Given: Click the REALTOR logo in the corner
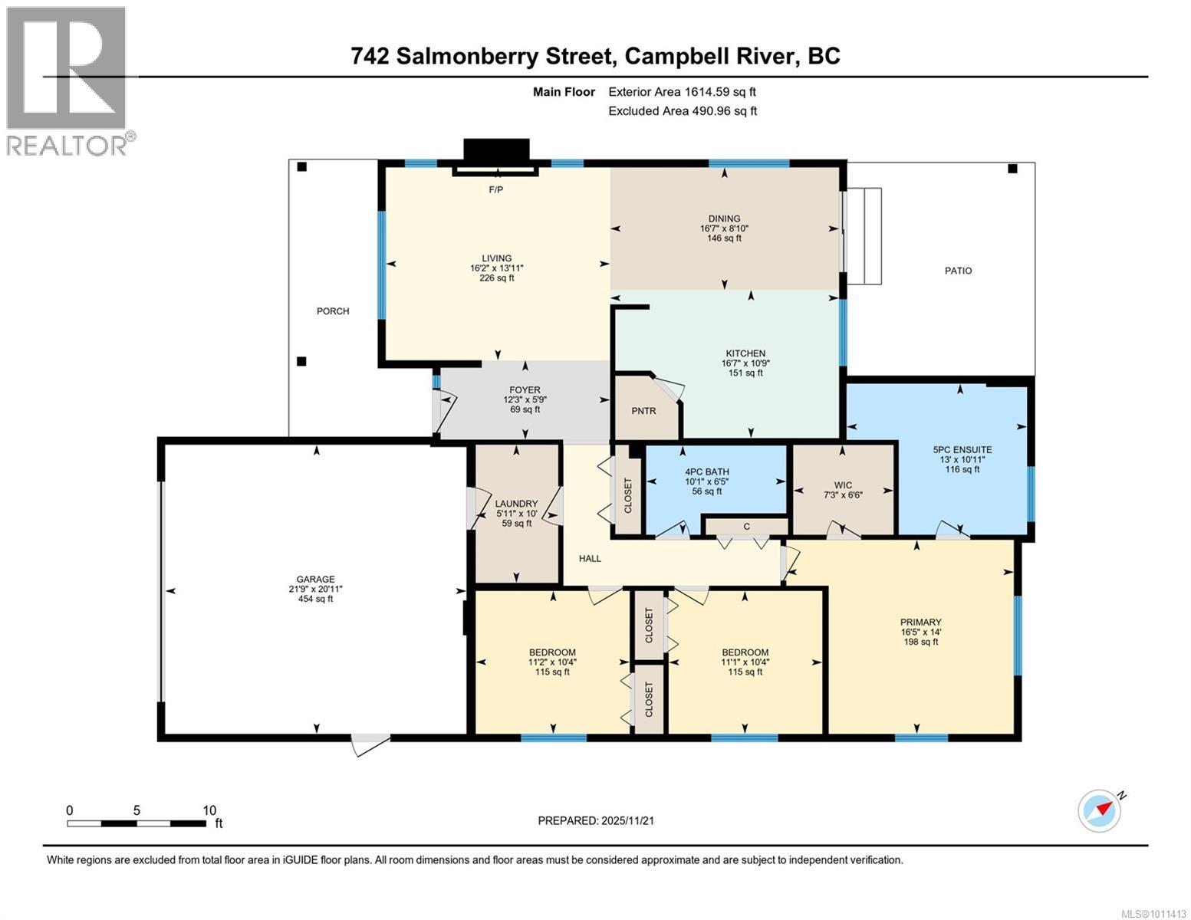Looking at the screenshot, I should tap(67, 80).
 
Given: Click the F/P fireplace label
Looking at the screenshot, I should tap(496, 189).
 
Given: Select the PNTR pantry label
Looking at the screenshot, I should tap(643, 411).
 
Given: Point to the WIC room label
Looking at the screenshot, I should tap(843, 485).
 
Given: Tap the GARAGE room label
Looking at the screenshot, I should tap(316, 580).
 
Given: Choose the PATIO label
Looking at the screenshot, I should tap(958, 271).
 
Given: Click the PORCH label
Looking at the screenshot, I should tap(333, 311).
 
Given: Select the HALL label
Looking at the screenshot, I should tap(590, 558).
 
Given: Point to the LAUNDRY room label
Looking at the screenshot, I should tap(516, 504).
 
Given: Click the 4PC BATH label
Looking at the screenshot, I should tap(706, 472).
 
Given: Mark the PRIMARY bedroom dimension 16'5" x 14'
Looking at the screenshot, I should tap(921, 632).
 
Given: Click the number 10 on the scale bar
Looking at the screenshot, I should tap(209, 810).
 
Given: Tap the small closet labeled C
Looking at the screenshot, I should tap(745, 527).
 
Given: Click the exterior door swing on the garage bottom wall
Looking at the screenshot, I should tap(370, 744).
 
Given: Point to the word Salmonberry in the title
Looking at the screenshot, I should tap(504, 56).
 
